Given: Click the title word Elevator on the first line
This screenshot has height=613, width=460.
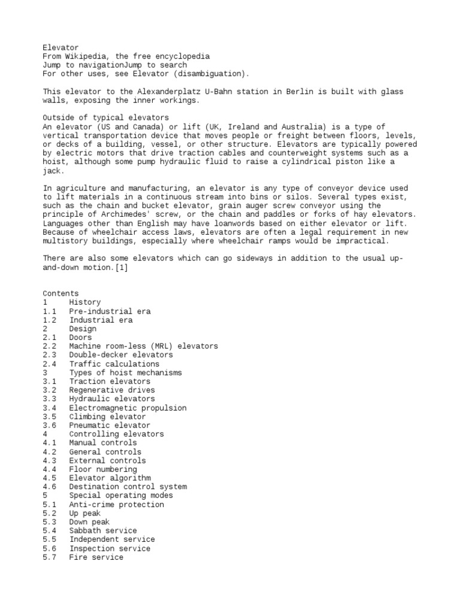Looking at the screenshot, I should click(60, 47).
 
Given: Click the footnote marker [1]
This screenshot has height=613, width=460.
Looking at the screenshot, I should click(120, 268).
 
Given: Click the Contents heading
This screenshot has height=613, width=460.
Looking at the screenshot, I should click(60, 294).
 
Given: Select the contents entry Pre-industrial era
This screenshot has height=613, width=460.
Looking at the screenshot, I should click(110, 311).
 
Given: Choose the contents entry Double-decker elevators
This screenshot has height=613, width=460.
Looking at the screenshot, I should click(120, 355).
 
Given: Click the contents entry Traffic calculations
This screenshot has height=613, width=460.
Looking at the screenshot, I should click(114, 364).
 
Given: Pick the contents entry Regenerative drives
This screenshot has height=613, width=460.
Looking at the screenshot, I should click(111, 390).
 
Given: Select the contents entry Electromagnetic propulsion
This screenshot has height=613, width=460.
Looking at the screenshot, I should click(127, 408).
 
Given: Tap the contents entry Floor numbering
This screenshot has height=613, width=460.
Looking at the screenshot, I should click(102, 469).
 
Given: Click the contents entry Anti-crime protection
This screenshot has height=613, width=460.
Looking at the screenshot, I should click(116, 505).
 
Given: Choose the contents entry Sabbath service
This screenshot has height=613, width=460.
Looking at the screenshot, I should click(102, 531).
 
